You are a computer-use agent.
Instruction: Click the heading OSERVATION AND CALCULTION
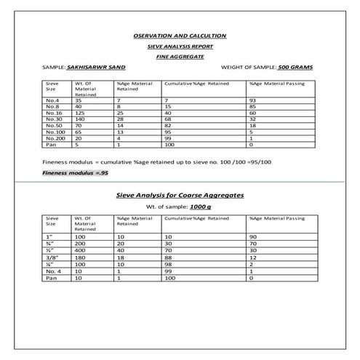click(x=180, y=35)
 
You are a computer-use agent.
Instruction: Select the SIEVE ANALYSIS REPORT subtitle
click(x=180, y=45)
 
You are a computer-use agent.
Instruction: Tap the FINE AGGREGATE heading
click(x=180, y=55)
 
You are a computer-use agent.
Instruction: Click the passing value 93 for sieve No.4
click(x=252, y=100)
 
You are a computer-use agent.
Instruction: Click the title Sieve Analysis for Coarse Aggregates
click(x=180, y=196)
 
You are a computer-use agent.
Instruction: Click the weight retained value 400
click(x=80, y=250)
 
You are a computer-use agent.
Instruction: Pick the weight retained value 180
click(x=80, y=257)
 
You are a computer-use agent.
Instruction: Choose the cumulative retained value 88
click(x=168, y=257)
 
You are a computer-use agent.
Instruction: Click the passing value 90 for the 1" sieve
click(x=252, y=237)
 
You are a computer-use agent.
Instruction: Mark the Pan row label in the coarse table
click(x=51, y=277)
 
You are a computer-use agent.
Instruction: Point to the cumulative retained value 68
click(x=168, y=119)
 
